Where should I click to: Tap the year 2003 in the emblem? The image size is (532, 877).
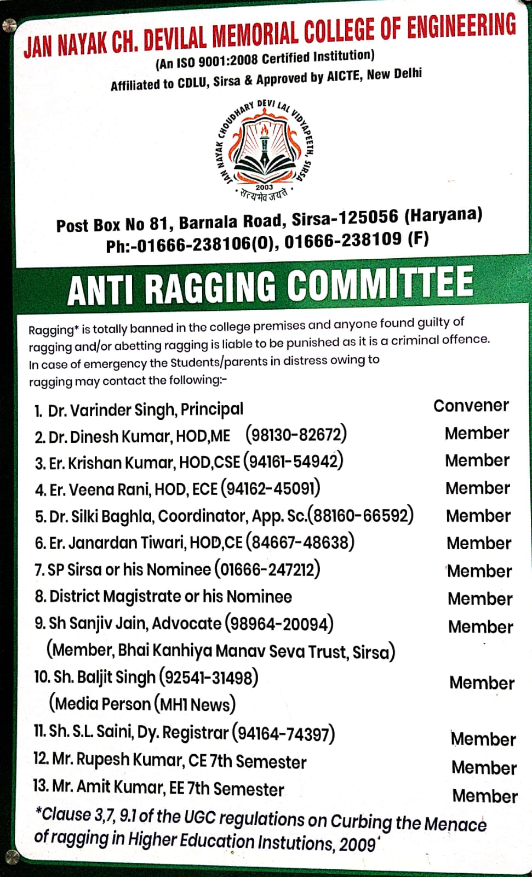(x=264, y=187)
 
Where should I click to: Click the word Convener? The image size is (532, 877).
(x=471, y=406)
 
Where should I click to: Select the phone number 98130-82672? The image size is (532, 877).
(x=296, y=435)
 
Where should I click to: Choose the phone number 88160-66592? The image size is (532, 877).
(x=362, y=516)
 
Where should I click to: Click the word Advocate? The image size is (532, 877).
(x=187, y=624)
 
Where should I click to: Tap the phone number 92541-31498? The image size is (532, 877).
(x=209, y=677)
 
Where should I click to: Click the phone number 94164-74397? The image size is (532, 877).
(x=283, y=733)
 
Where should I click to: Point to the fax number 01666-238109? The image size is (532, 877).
(x=343, y=240)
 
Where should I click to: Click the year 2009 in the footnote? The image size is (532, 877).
(x=357, y=844)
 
